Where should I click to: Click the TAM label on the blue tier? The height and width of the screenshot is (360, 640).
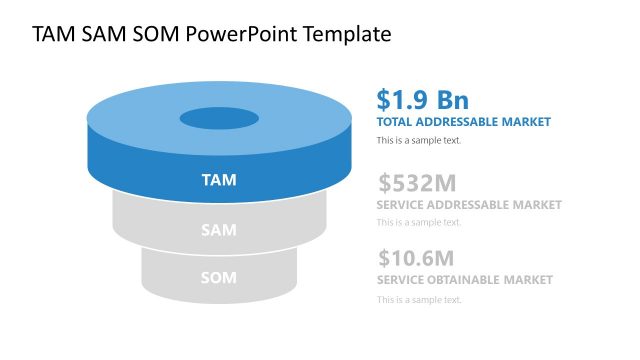click(218, 181)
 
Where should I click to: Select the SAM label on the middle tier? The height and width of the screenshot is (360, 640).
click(218, 230)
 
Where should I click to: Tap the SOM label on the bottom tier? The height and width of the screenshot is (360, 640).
click(218, 277)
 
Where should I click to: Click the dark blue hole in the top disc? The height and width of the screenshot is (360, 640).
click(218, 117)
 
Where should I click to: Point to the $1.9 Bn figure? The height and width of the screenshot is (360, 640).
click(422, 100)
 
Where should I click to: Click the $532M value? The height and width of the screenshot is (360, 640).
click(417, 183)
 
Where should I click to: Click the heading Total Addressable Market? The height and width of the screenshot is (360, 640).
click(463, 122)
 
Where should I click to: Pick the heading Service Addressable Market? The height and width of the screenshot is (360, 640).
click(469, 205)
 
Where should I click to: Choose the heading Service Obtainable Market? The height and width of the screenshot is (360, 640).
click(464, 280)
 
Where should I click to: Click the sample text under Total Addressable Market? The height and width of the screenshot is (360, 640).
click(419, 140)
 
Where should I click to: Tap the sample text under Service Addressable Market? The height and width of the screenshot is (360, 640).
click(419, 222)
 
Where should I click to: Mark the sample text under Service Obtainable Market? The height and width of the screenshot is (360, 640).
click(419, 299)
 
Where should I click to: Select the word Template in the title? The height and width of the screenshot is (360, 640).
click(348, 34)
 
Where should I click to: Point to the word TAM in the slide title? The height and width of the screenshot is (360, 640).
click(53, 34)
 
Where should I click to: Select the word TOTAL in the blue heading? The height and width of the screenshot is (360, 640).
click(395, 122)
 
